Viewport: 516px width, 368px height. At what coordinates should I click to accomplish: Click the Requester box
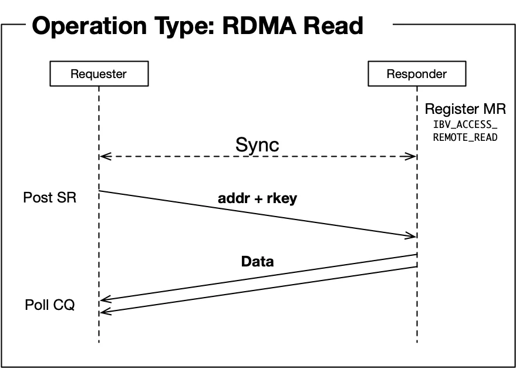[x=99, y=75]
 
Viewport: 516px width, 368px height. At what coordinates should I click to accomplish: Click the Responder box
[x=416, y=75]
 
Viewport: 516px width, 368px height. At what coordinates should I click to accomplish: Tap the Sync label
[x=257, y=145]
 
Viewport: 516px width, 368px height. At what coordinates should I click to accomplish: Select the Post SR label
[x=50, y=198]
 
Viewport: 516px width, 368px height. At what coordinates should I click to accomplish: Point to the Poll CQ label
[x=50, y=305]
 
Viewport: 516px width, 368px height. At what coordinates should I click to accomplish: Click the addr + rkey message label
[x=257, y=198]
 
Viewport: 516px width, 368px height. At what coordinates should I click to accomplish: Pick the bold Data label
[x=257, y=262]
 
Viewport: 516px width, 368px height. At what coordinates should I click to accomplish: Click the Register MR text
[x=465, y=109]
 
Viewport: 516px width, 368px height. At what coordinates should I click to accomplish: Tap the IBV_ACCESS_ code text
[x=465, y=124]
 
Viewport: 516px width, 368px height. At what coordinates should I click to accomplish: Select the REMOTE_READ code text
[x=465, y=138]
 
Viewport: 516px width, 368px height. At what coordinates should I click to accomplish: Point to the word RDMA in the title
[x=259, y=26]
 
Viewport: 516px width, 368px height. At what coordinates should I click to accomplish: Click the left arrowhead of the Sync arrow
[x=103, y=157]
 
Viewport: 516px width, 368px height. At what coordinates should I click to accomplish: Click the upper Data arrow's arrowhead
[x=104, y=300]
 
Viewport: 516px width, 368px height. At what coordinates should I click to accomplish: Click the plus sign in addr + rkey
[x=258, y=199]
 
